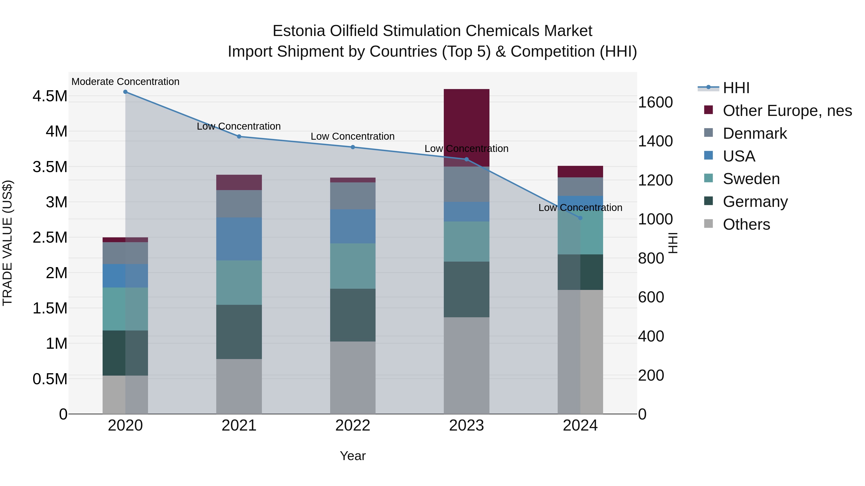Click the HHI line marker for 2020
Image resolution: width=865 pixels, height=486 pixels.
(125, 92)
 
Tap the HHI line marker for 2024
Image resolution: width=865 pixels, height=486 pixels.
(580, 218)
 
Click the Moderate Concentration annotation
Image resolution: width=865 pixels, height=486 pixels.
(125, 82)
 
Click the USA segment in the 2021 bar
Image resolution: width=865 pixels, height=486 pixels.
(239, 239)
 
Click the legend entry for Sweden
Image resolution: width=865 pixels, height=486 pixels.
(751, 179)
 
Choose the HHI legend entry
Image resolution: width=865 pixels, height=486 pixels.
(736, 88)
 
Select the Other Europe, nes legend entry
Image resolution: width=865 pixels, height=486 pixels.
(787, 111)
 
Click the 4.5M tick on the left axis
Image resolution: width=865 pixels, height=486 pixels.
(50, 96)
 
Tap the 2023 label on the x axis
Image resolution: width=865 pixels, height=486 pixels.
(466, 426)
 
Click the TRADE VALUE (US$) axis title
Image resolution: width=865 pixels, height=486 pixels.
(8, 243)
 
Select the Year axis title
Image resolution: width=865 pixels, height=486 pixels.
(352, 456)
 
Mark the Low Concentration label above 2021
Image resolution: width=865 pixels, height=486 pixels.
(239, 126)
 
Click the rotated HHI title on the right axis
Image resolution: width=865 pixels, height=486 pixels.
(673, 243)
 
